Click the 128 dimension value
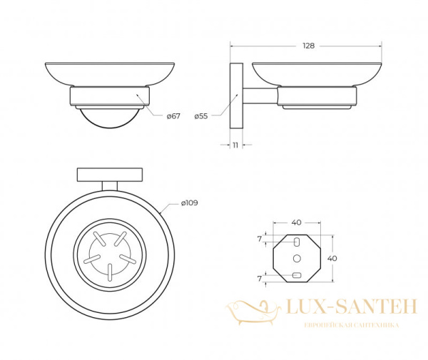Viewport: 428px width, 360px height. click(x=308, y=46)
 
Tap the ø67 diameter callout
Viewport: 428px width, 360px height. click(x=173, y=116)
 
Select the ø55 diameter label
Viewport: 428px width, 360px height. click(x=201, y=116)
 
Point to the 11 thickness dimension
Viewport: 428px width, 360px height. click(x=235, y=145)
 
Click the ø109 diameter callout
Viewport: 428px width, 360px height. click(x=190, y=203)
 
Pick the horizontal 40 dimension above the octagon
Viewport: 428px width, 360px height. click(x=297, y=222)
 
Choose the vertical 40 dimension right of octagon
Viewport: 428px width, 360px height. click(x=332, y=258)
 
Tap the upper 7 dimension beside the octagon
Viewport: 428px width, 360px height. click(x=260, y=240)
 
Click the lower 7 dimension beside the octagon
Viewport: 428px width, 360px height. click(x=260, y=279)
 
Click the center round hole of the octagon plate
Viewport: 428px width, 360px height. click(x=297, y=258)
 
